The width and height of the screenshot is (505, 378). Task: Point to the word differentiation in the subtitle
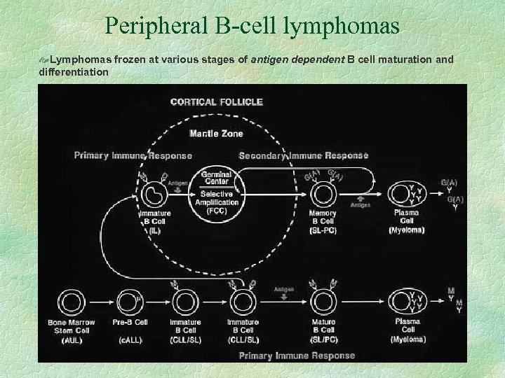74,72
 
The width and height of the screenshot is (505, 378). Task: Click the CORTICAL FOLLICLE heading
217,101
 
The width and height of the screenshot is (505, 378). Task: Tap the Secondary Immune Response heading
304,155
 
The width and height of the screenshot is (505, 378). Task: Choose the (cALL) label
130,339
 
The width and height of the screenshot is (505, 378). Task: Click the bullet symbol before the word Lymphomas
43,61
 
